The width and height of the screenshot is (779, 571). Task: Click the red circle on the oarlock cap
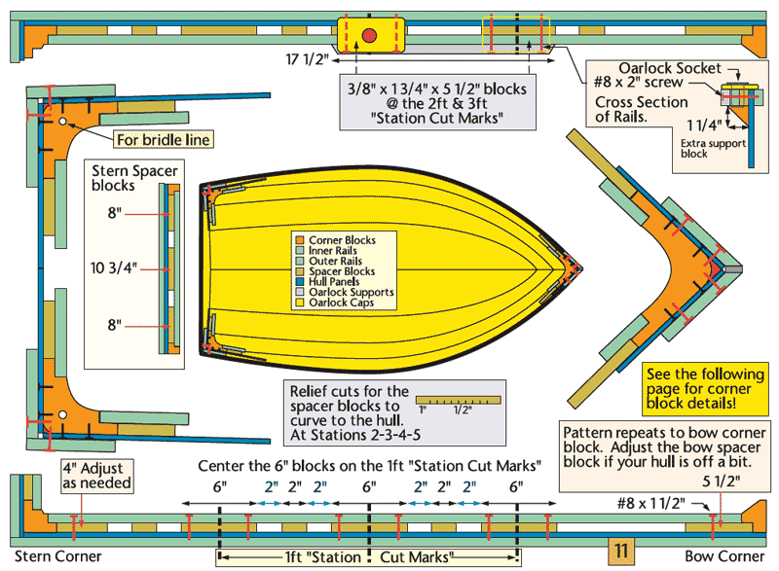tap(369, 37)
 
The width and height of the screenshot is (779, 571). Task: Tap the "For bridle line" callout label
tap(163, 139)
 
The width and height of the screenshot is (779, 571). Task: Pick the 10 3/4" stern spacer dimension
tap(117, 266)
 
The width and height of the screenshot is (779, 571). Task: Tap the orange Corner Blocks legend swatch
tap(301, 239)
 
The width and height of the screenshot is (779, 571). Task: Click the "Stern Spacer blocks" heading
tap(115, 177)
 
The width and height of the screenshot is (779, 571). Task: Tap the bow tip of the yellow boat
tap(578, 265)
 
